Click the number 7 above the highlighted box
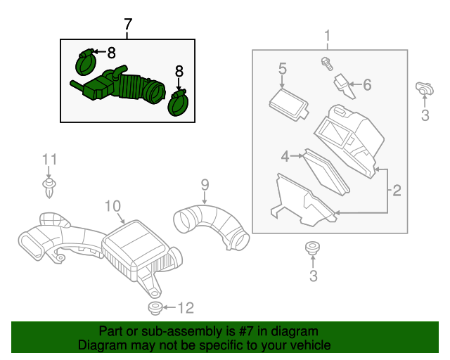[x=127, y=25]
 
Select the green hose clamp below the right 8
[x=179, y=102]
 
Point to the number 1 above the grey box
[x=327, y=36]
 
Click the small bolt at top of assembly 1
[x=326, y=63]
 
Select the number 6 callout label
[x=366, y=85]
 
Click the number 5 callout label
[x=282, y=69]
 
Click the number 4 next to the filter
[x=285, y=157]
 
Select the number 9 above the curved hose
[x=205, y=185]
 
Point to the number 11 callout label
[x=48, y=160]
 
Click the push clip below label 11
[x=48, y=186]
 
